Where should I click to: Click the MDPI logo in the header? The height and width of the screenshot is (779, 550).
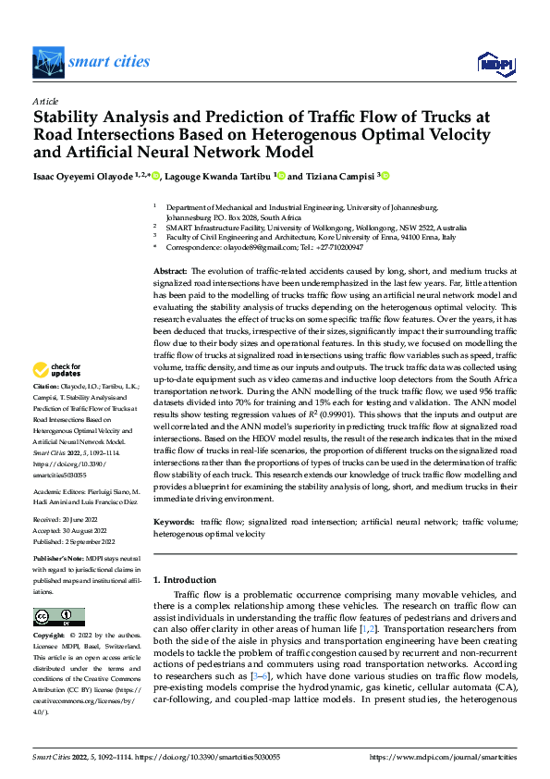coord(496,63)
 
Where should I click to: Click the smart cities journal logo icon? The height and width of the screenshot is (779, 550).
coord(48,63)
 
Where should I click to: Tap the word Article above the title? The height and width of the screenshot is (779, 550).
coord(45,101)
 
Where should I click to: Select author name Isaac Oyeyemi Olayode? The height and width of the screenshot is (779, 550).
coord(78,175)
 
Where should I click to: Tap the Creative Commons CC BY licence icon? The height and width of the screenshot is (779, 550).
coord(58,617)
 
